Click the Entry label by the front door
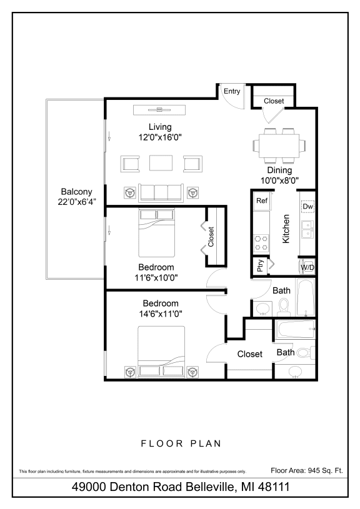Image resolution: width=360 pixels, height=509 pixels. click(232, 91)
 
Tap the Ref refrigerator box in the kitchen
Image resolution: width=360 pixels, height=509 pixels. click(262, 201)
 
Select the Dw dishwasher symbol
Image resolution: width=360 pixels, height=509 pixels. click(307, 207)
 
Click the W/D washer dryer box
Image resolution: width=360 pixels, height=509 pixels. click(307, 267)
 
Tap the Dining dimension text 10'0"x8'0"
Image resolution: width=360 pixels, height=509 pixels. click(279, 180)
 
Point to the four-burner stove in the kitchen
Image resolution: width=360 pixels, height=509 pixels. click(261, 242)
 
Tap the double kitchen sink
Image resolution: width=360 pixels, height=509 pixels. click(307, 229)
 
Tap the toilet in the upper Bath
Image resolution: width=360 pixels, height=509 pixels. click(284, 305)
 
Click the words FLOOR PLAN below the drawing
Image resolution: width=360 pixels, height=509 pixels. click(180, 443)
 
